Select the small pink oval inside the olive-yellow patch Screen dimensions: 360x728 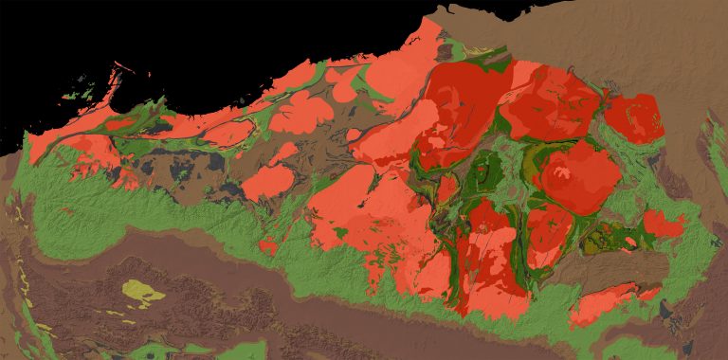point(629,243)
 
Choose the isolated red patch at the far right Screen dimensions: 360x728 point(664,225)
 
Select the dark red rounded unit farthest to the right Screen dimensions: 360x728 point(633,117)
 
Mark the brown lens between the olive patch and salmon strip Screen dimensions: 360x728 point(607,269)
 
